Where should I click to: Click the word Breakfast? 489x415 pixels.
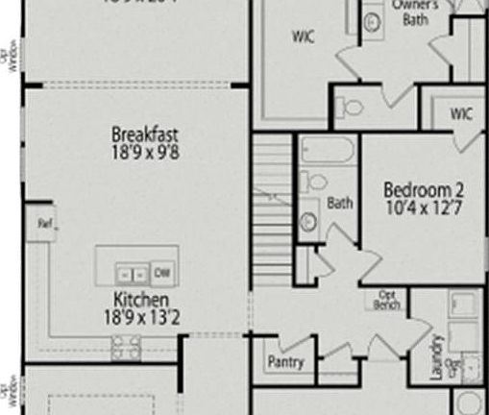tap(144, 134)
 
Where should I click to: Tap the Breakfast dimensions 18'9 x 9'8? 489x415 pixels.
tap(144, 151)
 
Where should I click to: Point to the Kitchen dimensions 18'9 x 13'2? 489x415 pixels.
tap(143, 316)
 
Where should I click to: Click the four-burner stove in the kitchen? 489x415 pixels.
tap(126, 349)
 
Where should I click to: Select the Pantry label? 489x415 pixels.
tap(285, 362)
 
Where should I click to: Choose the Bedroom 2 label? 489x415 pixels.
tap(419, 188)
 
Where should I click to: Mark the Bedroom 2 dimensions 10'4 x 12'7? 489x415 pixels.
tap(419, 206)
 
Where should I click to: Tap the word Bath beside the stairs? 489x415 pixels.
tap(339, 203)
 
